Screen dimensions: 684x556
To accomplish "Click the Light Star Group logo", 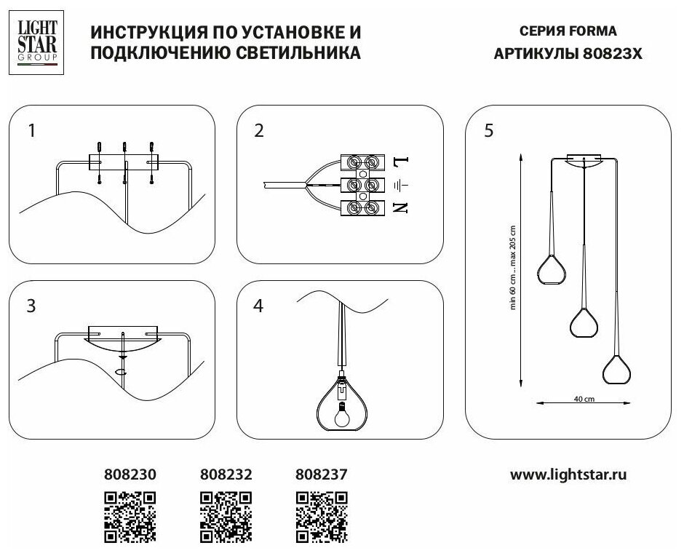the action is coord(33,42).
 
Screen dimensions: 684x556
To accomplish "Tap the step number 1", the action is coord(31,131).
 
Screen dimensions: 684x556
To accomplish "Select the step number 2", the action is coord(259,131).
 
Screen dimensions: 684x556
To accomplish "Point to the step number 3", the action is coord(31,306).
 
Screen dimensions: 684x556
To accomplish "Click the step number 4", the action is coord(258,306).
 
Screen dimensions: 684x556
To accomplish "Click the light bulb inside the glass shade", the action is coord(341,414).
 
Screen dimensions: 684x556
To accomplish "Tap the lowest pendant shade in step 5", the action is coord(616,369).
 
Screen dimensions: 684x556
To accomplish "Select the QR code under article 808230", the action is coord(130,516).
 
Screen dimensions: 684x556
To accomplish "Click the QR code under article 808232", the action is coord(226,516).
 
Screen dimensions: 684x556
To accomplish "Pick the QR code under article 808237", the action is coord(321,516).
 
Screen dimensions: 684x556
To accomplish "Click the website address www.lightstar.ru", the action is coord(568,475).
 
